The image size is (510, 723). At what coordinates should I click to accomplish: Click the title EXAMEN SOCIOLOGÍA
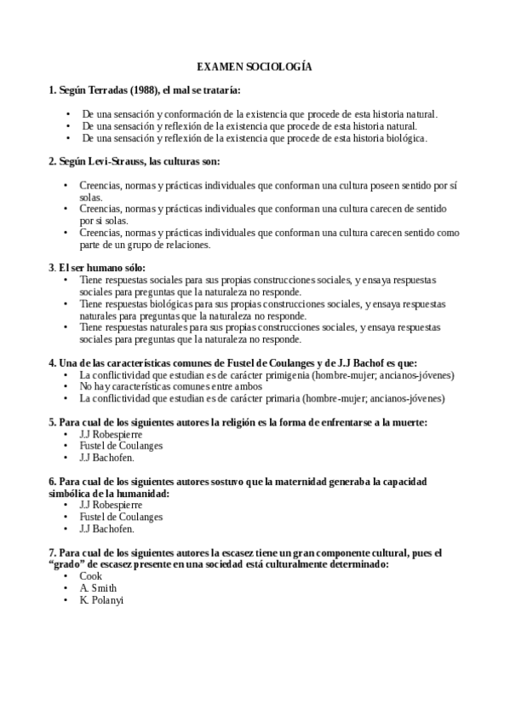coord(255,66)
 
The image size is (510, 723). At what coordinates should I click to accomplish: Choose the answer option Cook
coord(90,576)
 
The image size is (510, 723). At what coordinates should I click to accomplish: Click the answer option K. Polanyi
coord(101,600)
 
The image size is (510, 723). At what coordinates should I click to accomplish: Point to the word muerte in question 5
coord(405,422)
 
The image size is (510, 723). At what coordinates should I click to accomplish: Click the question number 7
coord(52,552)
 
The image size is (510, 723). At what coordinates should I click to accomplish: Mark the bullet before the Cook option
coord(66,576)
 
